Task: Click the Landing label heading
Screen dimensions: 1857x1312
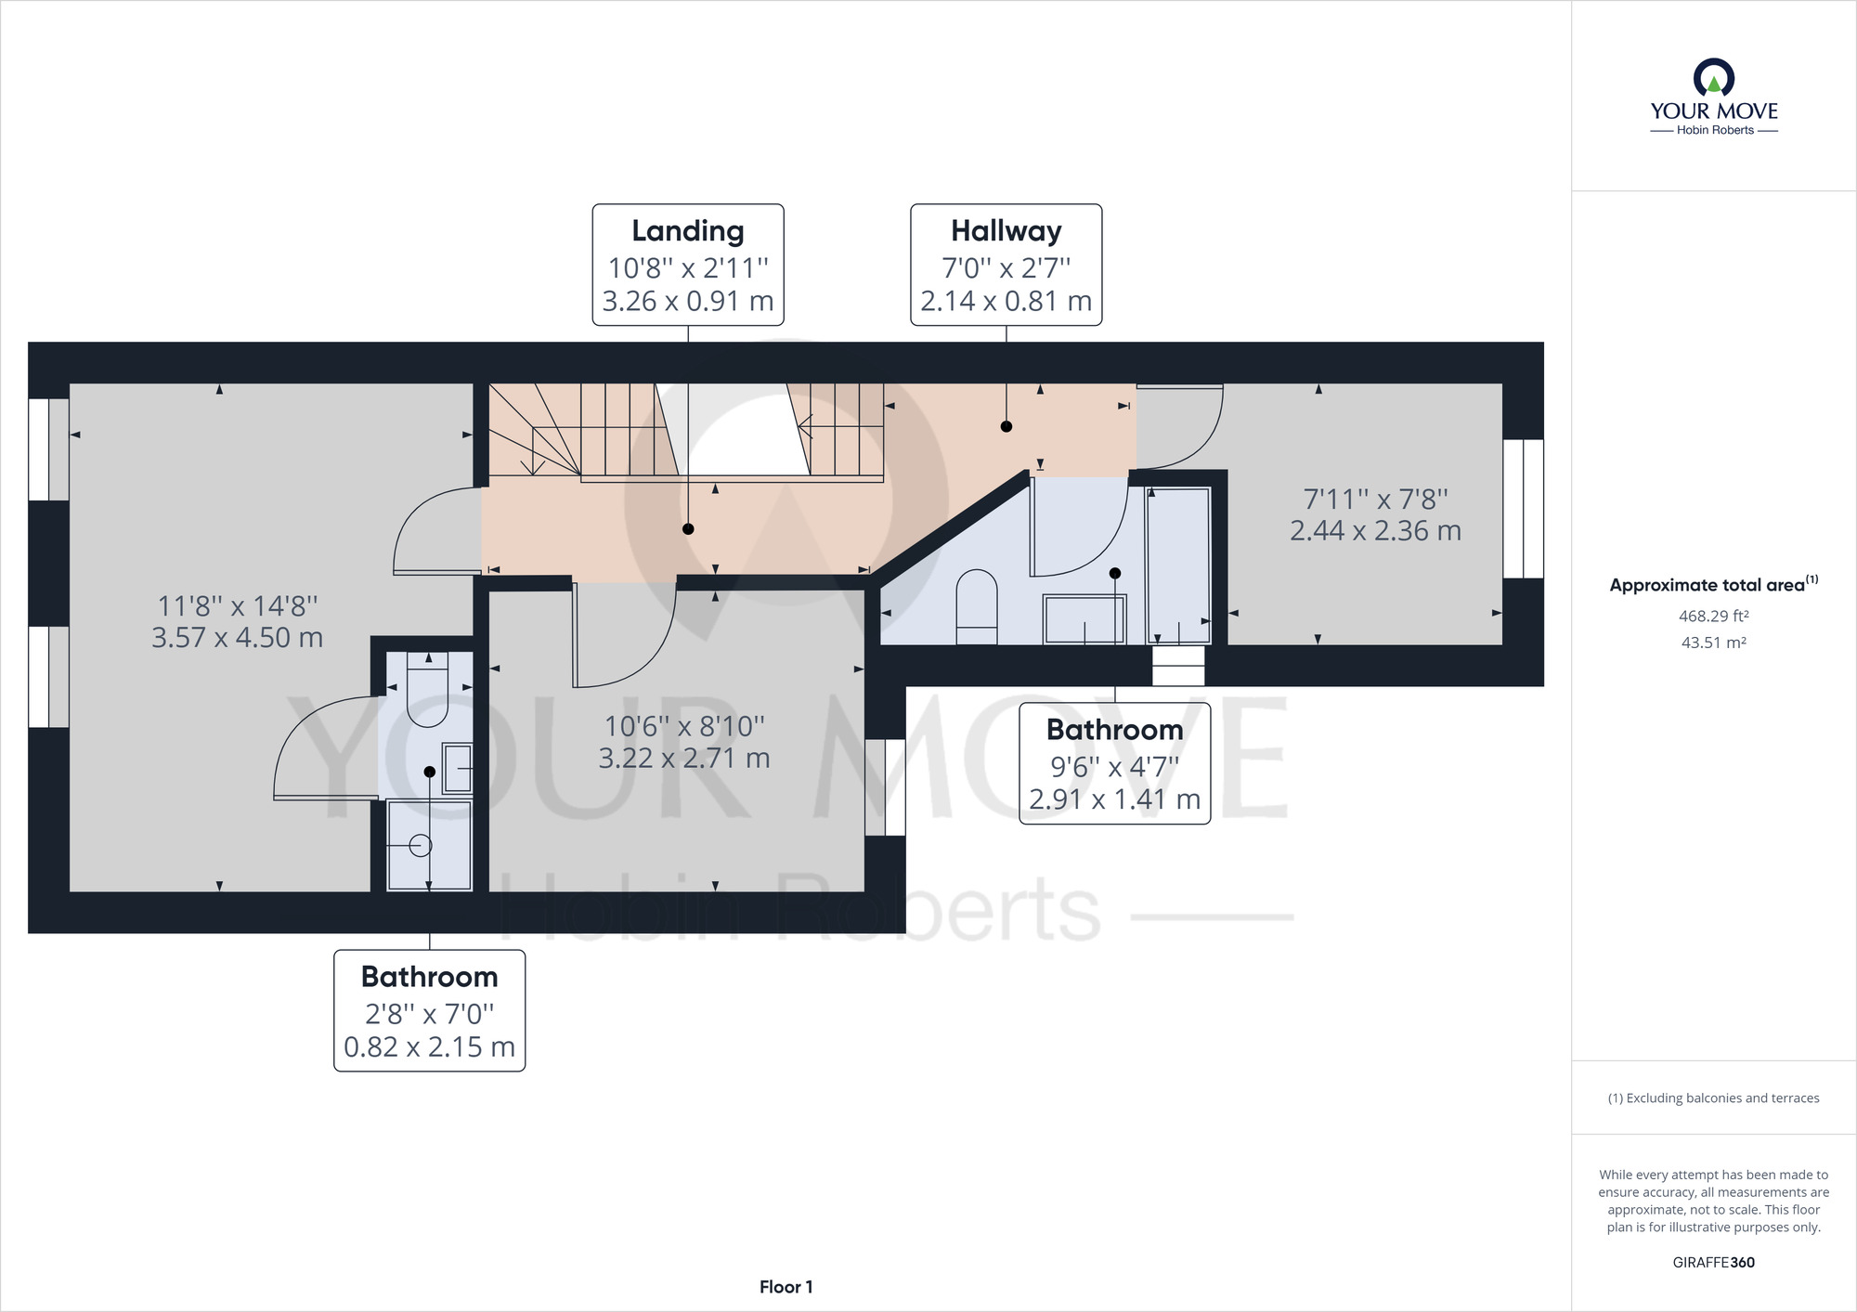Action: pos(688,231)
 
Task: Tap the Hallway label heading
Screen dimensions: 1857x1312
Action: pos(1006,231)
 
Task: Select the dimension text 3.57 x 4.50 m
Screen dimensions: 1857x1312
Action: pos(238,638)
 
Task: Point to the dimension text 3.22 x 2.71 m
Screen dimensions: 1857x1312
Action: pos(684,759)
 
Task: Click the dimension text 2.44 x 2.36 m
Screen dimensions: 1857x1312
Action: pos(1376,531)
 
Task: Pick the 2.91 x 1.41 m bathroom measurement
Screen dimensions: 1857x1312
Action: pos(1115,799)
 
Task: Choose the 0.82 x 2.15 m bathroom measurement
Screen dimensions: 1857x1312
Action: pos(430,1047)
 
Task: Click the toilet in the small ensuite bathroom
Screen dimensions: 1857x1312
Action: pos(428,690)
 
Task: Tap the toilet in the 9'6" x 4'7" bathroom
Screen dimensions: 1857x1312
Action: pos(977,607)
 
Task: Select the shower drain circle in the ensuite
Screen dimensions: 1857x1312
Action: pos(421,846)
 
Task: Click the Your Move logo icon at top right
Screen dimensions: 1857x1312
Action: pos(1714,77)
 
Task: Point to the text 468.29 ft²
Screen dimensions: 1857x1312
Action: pos(1714,616)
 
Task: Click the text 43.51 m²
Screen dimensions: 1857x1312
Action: pos(1714,643)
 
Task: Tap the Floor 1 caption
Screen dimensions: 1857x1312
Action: pos(786,1287)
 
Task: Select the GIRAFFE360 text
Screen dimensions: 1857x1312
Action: pos(1714,1263)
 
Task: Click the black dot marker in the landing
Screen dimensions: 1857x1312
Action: pos(688,529)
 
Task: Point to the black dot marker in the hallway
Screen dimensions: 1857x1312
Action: pos(1006,427)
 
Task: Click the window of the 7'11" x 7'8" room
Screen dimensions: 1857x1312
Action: pos(1524,509)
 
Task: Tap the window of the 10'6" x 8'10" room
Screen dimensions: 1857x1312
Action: pos(886,787)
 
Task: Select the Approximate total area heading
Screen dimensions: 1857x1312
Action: pos(1714,585)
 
